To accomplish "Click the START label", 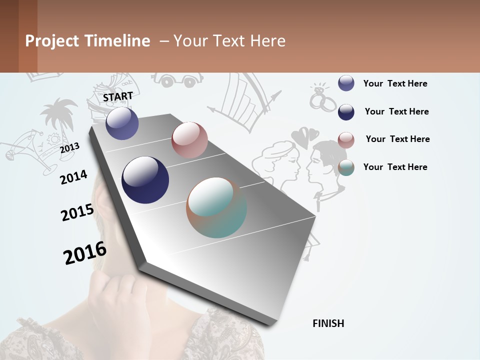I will pos(118,96).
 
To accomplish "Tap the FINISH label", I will pos(328,323).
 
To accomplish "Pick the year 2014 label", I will pos(73,177).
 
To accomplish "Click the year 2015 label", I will pos(77,212).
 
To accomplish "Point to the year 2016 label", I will pos(85,252).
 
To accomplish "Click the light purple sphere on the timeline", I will pos(122,123).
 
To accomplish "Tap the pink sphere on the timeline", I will pos(189,140).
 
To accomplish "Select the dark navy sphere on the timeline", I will pos(145,180).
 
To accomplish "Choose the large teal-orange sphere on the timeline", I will pos(216,207).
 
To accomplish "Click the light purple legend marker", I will pos(346,83).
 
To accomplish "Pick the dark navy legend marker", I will pos(346,112).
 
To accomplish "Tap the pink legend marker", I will pos(346,140).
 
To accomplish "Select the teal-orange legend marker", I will pos(346,167).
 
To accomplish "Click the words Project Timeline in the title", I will pos(87,41).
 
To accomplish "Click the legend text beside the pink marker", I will pos(397,139).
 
